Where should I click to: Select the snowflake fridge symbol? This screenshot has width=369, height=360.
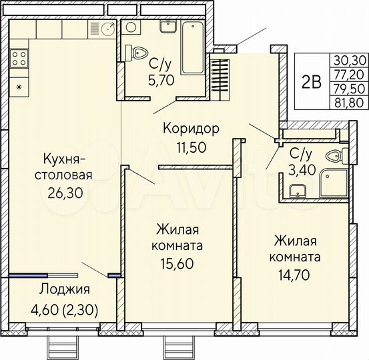(x=19, y=87)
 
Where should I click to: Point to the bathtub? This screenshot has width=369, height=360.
(x=192, y=47)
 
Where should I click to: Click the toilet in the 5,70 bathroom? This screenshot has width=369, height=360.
(x=139, y=53)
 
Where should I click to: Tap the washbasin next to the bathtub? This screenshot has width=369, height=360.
(x=167, y=26)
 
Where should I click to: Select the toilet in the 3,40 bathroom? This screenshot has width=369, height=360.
(x=336, y=156)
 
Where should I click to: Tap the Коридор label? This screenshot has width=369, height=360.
(x=192, y=128)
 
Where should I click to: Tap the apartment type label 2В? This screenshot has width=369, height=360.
(x=311, y=82)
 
